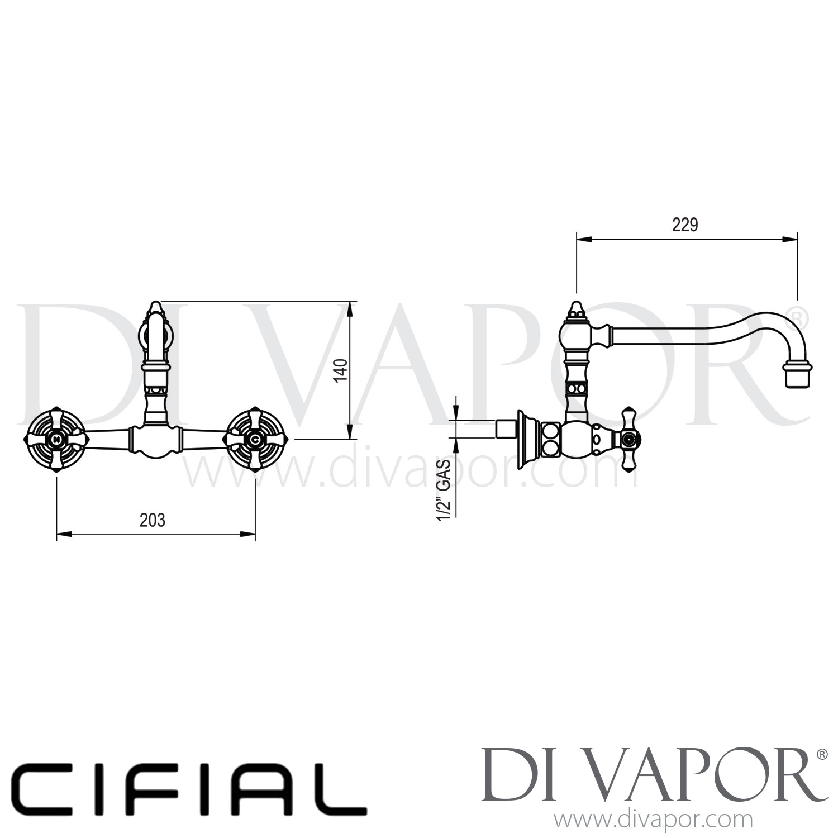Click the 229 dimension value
[685, 225]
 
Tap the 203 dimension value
[153, 520]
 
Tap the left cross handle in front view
[55, 440]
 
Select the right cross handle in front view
[255, 440]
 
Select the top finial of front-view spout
[155, 308]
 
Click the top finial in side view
[575, 309]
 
